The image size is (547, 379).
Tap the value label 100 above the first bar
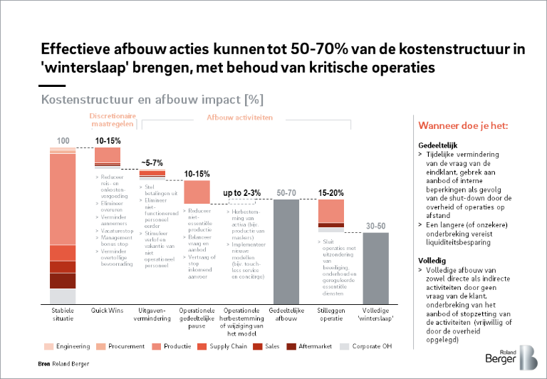pos(63,140)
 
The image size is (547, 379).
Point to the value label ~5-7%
pos(152,162)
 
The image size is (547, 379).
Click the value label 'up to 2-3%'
pos(241,193)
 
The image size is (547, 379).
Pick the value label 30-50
pos(375,226)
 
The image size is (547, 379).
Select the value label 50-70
pos(286,193)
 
